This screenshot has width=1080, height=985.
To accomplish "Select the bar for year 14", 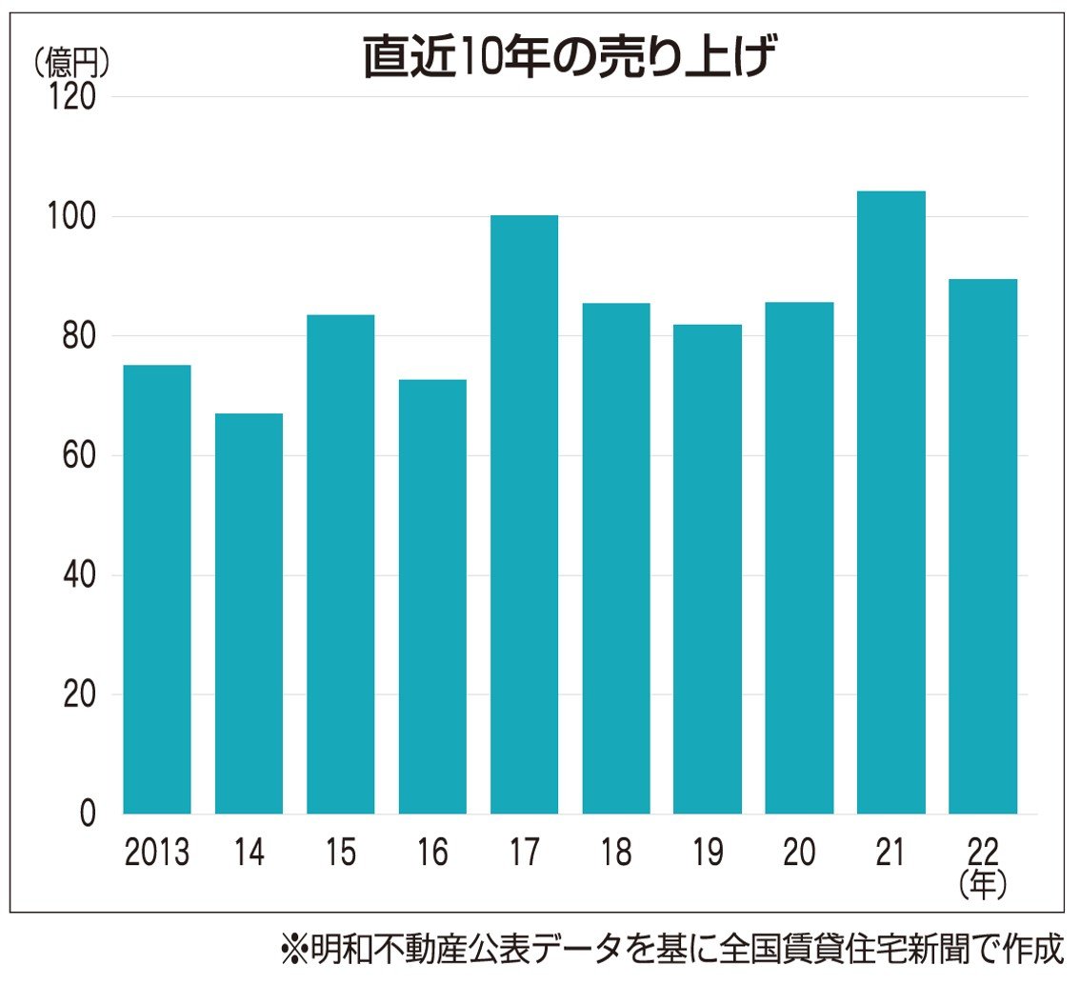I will (249, 613).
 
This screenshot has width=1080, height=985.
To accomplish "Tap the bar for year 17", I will (524, 514).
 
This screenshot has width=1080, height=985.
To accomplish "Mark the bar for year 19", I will (707, 569).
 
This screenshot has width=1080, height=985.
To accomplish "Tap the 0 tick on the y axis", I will (87, 814).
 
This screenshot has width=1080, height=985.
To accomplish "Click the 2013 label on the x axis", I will (157, 853).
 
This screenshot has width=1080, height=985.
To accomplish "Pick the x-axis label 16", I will (431, 853).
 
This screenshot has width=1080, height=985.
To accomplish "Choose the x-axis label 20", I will (798, 853).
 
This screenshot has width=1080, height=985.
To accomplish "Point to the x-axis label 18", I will (615, 853).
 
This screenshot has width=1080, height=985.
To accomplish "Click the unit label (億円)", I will (70, 63).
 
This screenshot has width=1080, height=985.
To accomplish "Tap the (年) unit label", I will (982, 886).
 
